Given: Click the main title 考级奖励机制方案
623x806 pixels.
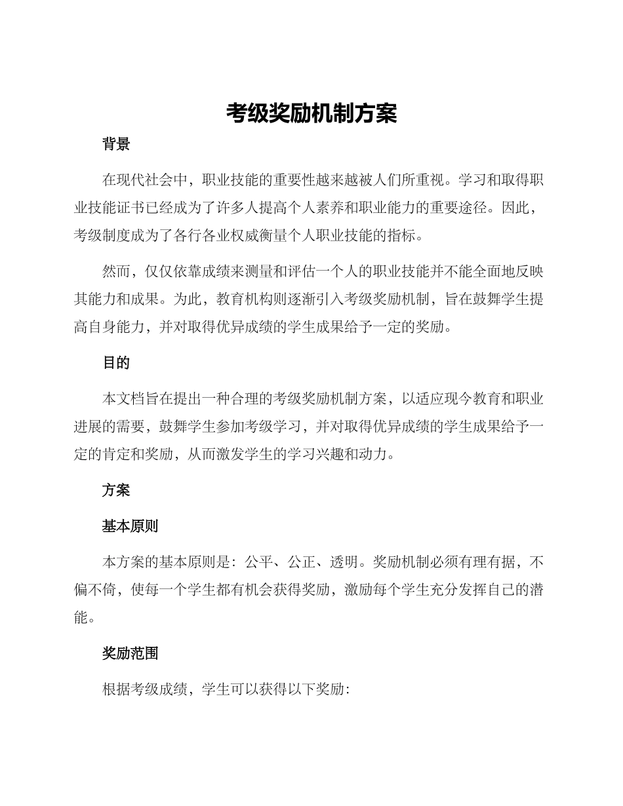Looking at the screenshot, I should (311, 113).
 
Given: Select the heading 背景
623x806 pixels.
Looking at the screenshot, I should (116, 145).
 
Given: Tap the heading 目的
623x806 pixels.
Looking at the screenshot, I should (116, 363).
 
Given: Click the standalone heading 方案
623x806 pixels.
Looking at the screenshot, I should (116, 490).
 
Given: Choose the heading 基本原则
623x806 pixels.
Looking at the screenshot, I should (130, 526).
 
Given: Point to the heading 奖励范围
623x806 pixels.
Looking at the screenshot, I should (130, 653).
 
